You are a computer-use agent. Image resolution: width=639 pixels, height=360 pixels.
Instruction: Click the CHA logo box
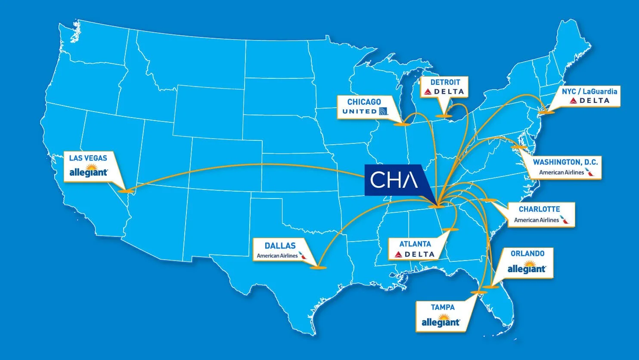coord(394,180)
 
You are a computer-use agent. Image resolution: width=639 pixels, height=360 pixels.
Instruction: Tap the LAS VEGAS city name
coord(88,158)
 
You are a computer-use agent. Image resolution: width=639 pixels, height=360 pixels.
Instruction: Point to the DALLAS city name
coord(280,246)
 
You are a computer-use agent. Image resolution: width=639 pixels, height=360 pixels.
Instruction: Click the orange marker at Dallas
coord(318,268)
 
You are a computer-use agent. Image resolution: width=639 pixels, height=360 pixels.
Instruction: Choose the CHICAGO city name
coord(364,102)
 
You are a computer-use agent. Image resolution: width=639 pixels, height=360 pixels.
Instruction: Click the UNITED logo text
coord(360,112)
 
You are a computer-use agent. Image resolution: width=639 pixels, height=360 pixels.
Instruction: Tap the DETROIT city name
coord(445,82)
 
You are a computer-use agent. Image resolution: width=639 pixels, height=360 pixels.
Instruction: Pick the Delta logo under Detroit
coord(444,92)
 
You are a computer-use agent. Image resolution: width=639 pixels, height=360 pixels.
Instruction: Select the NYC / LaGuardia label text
coord(589,91)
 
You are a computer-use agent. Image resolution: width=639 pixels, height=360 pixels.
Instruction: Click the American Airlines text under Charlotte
coord(537,220)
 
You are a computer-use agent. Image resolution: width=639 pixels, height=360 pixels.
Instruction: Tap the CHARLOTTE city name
coord(539,209)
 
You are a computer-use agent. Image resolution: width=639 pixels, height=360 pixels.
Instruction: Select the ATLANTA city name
coord(415,244)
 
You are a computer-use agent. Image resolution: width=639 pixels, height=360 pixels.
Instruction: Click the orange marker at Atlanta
coord(450,230)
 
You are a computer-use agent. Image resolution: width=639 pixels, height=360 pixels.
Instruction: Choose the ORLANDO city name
coord(527,254)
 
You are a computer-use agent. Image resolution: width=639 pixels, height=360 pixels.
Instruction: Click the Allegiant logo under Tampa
coord(440,322)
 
